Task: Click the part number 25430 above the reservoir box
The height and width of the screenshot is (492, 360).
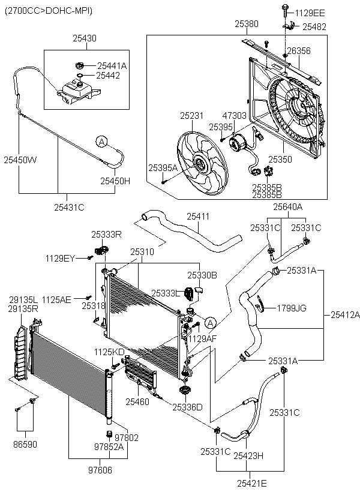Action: coord(85,38)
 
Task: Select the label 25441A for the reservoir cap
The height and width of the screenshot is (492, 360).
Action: coord(112,66)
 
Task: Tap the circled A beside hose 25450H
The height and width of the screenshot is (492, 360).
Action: coord(101,142)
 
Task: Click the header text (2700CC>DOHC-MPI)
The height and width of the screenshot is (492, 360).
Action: coord(49,11)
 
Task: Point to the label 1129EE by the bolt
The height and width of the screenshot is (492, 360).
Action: coord(310,13)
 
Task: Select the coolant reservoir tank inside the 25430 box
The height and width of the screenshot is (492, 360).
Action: coord(78,91)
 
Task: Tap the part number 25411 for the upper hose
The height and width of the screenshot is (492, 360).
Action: coord(198,217)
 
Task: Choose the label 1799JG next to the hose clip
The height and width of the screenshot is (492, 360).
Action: coord(292,308)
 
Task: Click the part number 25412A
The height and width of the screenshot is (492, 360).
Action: coord(345,315)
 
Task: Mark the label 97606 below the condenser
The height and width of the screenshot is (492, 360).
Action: coord(100,470)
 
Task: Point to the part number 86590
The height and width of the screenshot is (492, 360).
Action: coord(25,444)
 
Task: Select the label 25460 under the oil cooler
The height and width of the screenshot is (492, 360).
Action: coord(137,401)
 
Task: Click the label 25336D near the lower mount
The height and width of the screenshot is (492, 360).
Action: coord(187,407)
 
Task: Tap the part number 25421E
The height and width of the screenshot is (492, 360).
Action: coord(252,484)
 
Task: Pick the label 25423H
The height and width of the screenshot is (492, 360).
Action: coord(248,455)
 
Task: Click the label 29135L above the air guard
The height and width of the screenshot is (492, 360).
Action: coord(23,299)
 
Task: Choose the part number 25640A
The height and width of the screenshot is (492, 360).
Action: coord(288,207)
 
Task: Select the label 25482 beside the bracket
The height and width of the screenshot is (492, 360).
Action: coord(314,26)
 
